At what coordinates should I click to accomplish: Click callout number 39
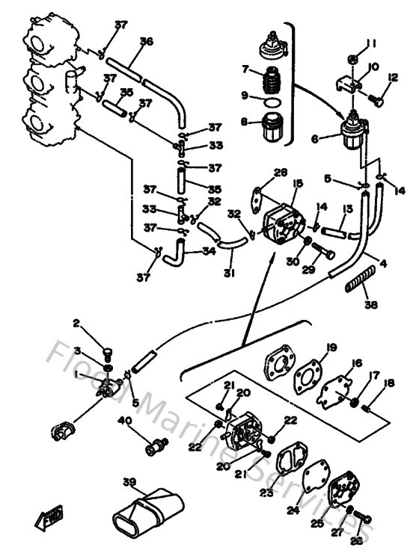pos(129,481)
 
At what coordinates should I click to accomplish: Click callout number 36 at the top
pos(146,42)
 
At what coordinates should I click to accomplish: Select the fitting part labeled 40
pos(156,447)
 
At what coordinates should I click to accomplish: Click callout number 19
pos(331,347)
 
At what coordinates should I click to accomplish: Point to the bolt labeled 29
pos(322,250)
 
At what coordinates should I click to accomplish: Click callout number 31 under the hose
pos(229,274)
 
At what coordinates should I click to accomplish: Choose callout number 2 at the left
pos(76,324)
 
